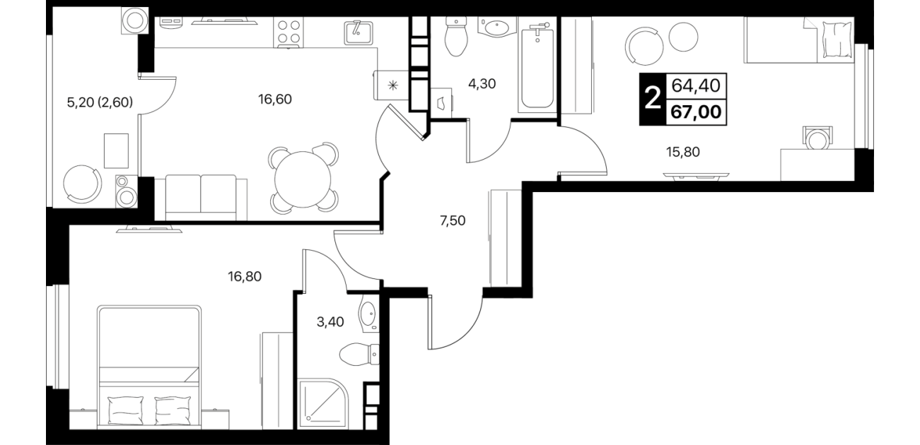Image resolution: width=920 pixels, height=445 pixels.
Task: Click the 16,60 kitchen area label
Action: [275, 100]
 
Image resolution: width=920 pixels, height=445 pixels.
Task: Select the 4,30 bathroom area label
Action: [482, 84]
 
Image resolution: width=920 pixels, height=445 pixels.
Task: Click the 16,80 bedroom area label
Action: [245, 277]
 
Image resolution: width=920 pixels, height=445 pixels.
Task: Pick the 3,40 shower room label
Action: [330, 322]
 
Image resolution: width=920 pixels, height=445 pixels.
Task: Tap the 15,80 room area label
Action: [682, 152]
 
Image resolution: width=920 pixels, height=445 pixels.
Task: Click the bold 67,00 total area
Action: [696, 112]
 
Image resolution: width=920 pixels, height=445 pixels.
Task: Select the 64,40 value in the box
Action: [696, 86]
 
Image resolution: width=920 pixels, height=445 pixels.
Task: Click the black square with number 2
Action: [652, 100]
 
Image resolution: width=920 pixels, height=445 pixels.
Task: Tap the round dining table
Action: [303, 179]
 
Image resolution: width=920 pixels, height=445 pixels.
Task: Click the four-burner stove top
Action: [289, 32]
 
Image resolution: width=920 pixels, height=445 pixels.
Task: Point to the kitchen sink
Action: [358, 32]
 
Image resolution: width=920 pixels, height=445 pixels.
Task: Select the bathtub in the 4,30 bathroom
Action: [537, 65]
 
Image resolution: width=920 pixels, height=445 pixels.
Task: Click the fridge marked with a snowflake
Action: [392, 85]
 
